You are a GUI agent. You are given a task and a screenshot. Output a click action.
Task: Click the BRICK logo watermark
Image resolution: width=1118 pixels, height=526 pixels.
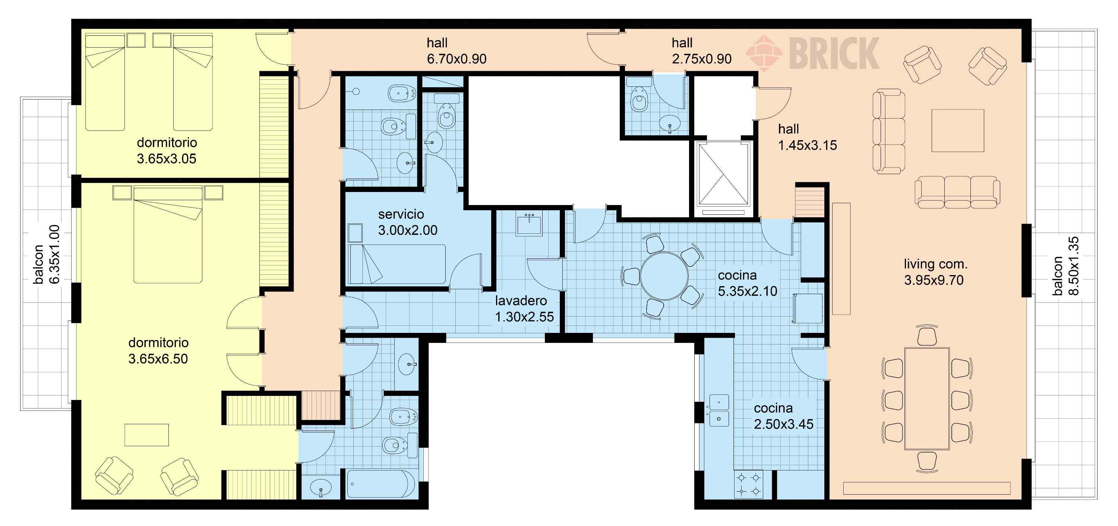(812, 53)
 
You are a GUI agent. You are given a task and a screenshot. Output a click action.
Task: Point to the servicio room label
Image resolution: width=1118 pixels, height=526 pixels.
(401, 214)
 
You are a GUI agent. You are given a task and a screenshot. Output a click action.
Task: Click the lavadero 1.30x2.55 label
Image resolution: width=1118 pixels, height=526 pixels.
(524, 309)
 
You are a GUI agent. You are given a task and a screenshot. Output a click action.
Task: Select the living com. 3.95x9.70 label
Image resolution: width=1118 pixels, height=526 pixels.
(935, 272)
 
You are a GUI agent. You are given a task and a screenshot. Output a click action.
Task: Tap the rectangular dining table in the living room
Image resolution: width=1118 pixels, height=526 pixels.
(926, 399)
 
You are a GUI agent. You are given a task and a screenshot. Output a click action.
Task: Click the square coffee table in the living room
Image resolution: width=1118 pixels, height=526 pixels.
(958, 130)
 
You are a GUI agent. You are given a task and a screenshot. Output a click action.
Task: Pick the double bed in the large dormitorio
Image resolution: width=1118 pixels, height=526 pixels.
(168, 234)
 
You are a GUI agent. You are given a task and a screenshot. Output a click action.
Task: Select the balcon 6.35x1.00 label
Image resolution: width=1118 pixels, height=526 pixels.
(47, 255)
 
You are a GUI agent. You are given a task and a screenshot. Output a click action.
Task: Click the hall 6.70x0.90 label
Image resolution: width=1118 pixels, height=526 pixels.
(457, 51)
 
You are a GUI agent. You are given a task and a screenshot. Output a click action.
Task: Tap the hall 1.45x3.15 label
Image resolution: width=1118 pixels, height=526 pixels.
(807, 137)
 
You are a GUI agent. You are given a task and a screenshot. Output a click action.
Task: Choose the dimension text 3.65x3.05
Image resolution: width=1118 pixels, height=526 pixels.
(167, 159)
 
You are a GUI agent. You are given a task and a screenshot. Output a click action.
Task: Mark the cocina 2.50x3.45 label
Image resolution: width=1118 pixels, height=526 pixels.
(783, 416)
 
